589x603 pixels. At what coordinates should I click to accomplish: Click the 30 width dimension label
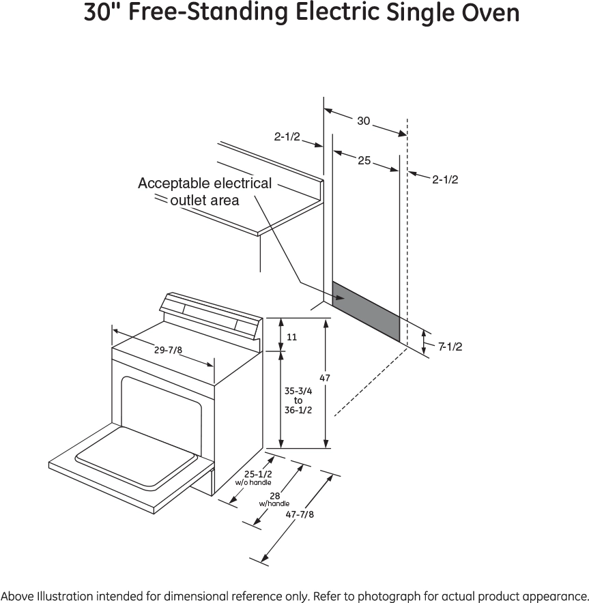pyautogui.click(x=363, y=121)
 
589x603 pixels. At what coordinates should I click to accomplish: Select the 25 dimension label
pyautogui.click(x=364, y=160)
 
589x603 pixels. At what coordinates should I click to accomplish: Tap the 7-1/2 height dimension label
pyautogui.click(x=450, y=347)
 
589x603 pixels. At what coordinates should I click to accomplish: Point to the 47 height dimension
pyautogui.click(x=325, y=377)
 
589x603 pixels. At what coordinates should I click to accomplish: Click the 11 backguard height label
pyautogui.click(x=292, y=337)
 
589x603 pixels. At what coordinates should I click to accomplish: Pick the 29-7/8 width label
pyautogui.click(x=168, y=350)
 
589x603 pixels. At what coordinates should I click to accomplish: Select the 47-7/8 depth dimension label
pyautogui.click(x=300, y=514)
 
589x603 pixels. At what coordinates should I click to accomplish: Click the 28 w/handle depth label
pyautogui.click(x=274, y=498)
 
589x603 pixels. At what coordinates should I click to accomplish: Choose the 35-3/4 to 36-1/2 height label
pyautogui.click(x=298, y=400)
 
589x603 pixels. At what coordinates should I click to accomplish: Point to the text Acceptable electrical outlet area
pyautogui.click(x=205, y=192)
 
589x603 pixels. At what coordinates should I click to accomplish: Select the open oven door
pyautogui.click(x=130, y=456)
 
